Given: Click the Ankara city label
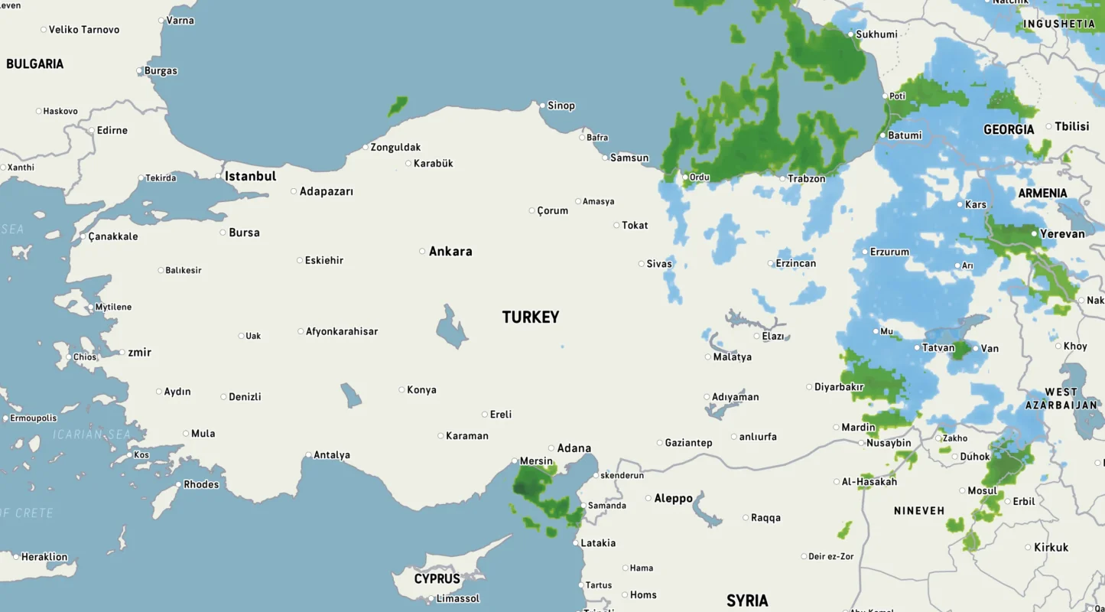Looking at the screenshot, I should coord(450,251).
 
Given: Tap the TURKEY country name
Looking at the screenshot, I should coord(530,317).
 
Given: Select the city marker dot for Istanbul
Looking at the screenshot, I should coord(218,176).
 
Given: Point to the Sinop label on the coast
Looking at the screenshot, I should coord(561,106).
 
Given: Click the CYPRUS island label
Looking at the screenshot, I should coord(437,579).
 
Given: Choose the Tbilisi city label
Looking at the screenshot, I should coord(1071,126).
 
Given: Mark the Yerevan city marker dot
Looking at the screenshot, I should coord(1034,233).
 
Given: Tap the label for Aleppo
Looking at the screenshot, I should coord(673,498).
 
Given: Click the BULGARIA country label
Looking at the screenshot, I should coord(34,64).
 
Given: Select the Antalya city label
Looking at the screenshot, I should coord(332,455).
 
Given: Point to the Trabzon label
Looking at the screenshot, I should coord(807,178).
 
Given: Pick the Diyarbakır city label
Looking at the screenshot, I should coord(839,387).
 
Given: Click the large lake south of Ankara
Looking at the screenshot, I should coord(451,327).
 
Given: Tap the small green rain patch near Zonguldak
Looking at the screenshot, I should coord(397,106).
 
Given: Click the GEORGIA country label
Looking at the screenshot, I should coord(1008,130).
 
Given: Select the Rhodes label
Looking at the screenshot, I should coord(201,484).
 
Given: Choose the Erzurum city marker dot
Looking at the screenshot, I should coord(865,252).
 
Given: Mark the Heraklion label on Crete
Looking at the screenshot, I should coord(44,557).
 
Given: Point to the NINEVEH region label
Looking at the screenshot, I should coord(919,510).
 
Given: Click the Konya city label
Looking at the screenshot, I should coord(421,390).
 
